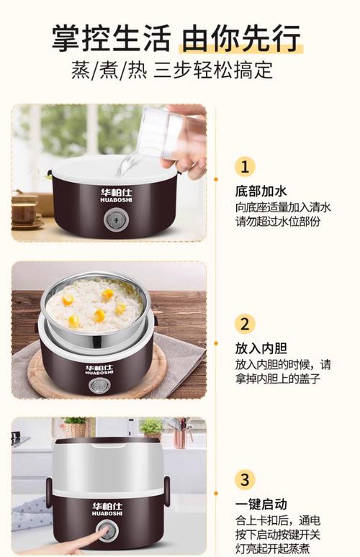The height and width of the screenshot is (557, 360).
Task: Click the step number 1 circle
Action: (x=245, y=167)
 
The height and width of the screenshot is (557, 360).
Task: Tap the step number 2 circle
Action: (x=245, y=324)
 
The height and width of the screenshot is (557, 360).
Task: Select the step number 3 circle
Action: (x=245, y=479)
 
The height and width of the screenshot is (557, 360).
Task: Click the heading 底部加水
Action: (x=261, y=191)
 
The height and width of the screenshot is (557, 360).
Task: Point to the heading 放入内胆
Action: (x=261, y=348)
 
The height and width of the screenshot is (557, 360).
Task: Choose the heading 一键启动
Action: (x=261, y=504)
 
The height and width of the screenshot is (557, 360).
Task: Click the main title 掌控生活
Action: (x=112, y=37)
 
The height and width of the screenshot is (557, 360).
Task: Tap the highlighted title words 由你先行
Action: (x=242, y=37)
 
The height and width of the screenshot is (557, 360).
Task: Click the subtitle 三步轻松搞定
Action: (x=213, y=70)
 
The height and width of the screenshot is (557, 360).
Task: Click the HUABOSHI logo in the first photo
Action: (x=116, y=195)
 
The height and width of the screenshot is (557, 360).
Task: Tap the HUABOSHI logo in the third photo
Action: (x=107, y=509)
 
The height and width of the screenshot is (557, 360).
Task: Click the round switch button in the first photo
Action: (x=114, y=221)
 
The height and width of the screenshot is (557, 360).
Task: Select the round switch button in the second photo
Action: (x=98, y=386)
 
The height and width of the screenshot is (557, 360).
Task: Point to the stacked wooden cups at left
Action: (x=24, y=210)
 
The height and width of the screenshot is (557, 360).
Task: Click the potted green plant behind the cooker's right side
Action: (x=151, y=428)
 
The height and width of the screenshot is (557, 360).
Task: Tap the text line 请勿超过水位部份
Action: (x=277, y=222)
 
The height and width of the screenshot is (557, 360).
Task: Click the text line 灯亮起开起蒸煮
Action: (x=272, y=548)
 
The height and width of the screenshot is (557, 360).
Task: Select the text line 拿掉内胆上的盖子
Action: (x=277, y=379)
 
